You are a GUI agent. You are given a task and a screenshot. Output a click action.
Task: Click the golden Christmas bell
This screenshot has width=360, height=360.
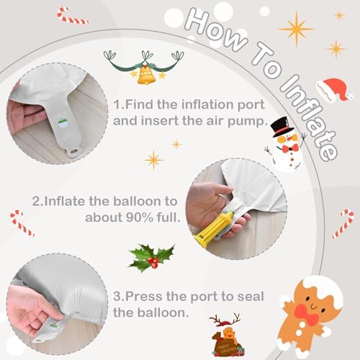tap(145, 75)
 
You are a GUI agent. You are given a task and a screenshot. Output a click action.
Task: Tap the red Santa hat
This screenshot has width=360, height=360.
tap(335, 89)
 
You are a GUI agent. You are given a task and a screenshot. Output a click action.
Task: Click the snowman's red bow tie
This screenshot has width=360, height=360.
tap(290, 148)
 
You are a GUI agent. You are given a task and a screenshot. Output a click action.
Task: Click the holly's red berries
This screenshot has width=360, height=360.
tap(153, 261)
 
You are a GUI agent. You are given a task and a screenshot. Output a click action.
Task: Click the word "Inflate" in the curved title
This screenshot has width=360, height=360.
tap(309, 117)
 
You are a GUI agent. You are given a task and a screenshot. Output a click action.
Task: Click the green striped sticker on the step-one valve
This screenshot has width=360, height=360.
tap(63, 122)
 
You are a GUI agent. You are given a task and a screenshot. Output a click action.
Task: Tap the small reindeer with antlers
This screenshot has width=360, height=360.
tap(226, 335)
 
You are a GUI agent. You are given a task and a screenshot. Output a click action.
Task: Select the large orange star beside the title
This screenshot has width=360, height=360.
tap(297, 30)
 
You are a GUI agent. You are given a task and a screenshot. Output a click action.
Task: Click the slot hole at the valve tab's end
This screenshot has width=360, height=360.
tap(74, 152)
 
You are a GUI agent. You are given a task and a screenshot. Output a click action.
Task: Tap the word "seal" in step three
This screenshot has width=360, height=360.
tap(251, 297)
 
